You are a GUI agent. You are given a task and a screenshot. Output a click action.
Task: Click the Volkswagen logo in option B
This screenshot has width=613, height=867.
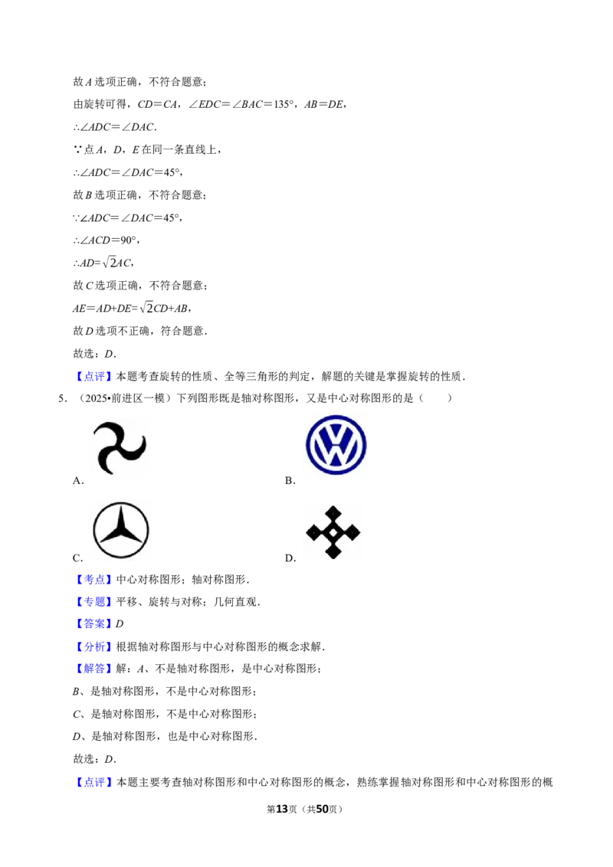tap(336, 445)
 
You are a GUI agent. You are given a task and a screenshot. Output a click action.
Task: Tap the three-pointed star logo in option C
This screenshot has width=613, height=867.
tap(120, 530)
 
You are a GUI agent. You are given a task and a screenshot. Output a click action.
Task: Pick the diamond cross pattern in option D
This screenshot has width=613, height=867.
tap(333, 532)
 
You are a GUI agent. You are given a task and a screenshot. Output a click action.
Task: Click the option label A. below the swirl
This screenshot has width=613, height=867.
tap(78, 480)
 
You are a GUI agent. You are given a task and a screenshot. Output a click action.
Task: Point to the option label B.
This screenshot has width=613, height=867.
tap(290, 480)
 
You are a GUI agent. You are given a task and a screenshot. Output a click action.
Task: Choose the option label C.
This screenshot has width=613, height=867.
tap(78, 558)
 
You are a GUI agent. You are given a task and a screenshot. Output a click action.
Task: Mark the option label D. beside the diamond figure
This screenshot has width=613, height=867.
tap(290, 558)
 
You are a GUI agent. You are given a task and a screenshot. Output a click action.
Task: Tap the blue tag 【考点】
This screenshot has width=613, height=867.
tap(94, 580)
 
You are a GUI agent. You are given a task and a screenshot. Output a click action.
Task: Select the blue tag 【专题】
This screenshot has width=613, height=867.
tap(94, 601)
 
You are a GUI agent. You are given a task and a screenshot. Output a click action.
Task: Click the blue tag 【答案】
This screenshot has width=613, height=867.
tap(94, 623)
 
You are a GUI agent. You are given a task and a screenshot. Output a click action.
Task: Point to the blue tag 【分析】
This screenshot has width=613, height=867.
tap(94, 646)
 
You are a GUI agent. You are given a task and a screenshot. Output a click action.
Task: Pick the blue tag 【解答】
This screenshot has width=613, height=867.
tap(94, 669)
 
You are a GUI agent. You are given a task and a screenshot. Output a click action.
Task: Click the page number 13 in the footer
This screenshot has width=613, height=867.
tap(282, 809)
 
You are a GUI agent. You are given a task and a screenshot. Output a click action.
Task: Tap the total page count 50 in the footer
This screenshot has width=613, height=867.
tap(322, 809)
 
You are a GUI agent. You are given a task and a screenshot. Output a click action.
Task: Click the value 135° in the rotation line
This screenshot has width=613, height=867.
tap(284, 104)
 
